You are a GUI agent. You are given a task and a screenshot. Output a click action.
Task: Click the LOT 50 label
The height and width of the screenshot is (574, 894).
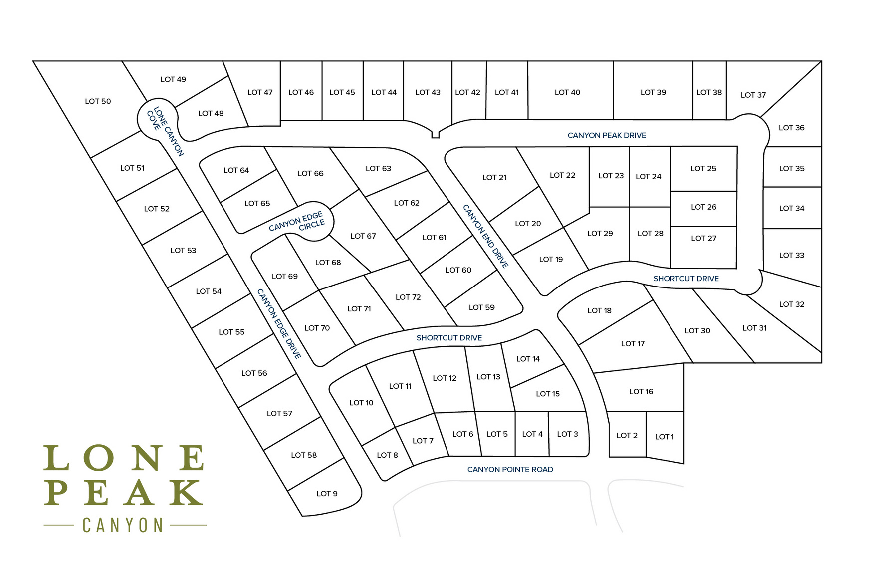[98, 101]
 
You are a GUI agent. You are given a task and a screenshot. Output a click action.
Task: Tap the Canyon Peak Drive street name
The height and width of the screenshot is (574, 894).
[607, 135]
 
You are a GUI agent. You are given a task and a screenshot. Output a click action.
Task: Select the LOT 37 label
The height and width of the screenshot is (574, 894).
[753, 95]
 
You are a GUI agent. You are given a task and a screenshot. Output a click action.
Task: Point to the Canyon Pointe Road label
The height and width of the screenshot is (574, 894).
[510, 469]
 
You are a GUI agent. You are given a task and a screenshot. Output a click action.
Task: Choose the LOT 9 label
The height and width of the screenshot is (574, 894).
[327, 494]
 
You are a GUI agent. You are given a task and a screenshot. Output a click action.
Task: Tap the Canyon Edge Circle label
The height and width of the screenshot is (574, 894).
[298, 222]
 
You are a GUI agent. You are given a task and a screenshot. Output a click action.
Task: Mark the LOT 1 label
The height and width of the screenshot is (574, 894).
[664, 437]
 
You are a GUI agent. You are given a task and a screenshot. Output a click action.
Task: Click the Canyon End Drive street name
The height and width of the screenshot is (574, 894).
[485, 236]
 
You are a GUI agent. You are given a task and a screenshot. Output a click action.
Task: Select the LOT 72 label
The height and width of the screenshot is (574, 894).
[408, 297]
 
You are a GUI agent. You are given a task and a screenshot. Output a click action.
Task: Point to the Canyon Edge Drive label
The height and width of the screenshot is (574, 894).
[279, 323]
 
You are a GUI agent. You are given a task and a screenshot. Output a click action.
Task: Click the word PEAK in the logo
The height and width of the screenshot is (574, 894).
[123, 493]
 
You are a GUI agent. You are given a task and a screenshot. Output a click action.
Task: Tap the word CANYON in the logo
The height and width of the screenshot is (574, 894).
[123, 525]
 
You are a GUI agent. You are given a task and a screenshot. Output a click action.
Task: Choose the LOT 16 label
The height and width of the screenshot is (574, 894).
[641, 392]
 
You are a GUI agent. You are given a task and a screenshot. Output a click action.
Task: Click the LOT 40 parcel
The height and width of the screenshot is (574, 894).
[567, 92]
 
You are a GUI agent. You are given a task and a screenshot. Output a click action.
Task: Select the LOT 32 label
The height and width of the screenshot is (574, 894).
[791, 304]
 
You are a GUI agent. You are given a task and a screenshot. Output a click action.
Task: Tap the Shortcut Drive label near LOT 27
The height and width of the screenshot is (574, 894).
[686, 279]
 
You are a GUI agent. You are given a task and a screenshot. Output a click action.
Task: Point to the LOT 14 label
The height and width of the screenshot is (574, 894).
[528, 359]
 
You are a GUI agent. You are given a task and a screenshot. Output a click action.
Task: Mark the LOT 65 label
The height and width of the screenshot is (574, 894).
[257, 204]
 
